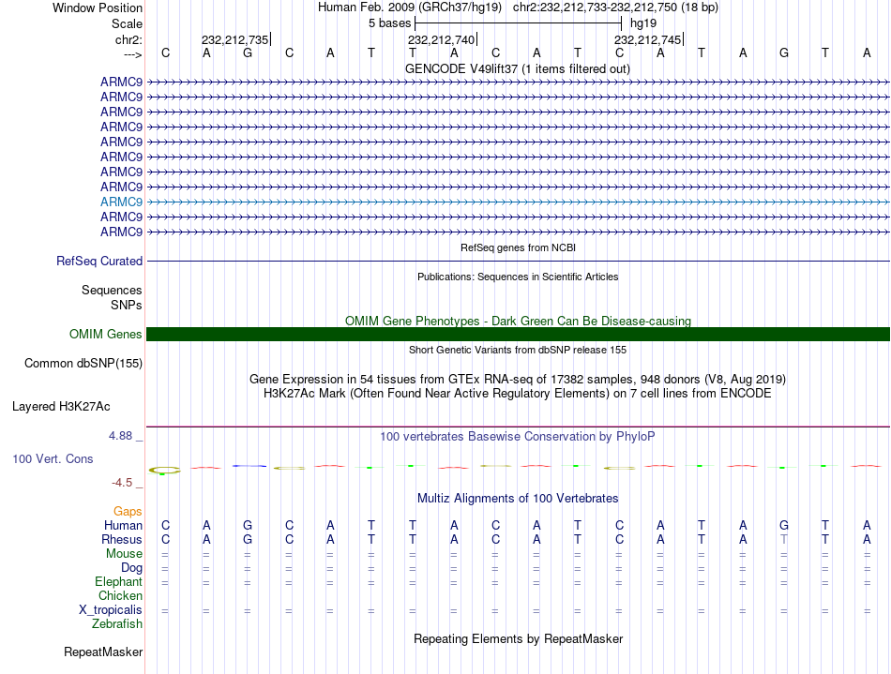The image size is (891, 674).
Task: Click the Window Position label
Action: click(x=98, y=7)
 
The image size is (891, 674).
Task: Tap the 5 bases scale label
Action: click(x=389, y=22)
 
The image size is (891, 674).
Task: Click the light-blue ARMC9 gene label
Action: click(x=121, y=202)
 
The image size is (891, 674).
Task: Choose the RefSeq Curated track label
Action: click(x=99, y=262)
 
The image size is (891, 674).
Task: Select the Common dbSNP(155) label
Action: click(x=83, y=363)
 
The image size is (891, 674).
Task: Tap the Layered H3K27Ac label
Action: click(x=61, y=407)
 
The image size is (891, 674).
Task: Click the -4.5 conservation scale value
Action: click(x=127, y=483)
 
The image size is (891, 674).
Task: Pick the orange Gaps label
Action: click(x=128, y=512)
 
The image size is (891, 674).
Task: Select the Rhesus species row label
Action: click(x=122, y=540)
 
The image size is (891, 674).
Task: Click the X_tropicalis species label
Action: click(x=111, y=610)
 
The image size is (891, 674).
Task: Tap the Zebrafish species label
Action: click(x=117, y=624)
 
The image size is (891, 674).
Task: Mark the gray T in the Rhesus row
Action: click(x=784, y=540)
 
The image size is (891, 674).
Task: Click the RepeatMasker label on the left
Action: click(x=103, y=652)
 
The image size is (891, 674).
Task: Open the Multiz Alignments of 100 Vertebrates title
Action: click(x=518, y=498)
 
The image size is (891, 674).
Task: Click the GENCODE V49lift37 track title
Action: click(x=518, y=68)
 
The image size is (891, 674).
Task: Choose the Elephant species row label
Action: click(x=118, y=582)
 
